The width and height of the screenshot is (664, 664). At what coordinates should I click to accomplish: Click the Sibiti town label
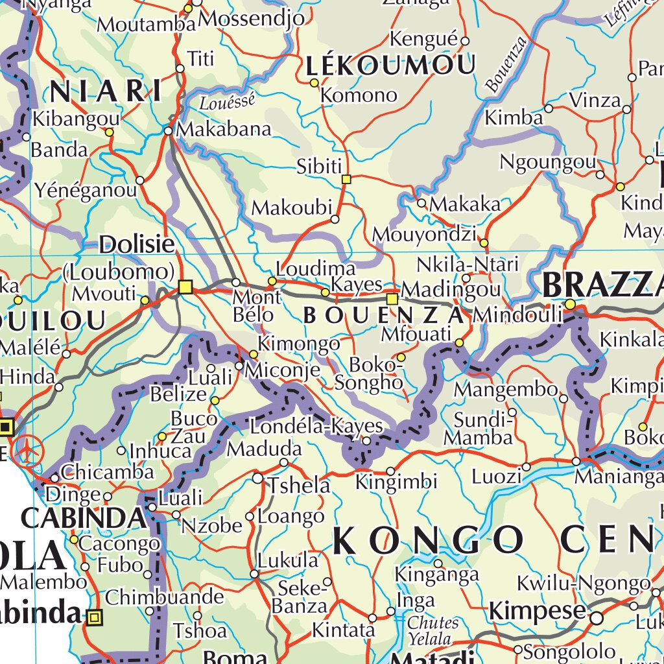pos(318,166)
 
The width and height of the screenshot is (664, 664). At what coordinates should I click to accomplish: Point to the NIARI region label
pos(106,91)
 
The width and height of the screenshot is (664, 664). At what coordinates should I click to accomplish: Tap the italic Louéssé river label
pos(227,101)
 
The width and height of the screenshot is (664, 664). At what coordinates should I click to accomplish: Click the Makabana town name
pos(224,129)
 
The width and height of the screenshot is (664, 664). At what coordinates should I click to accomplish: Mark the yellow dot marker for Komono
pos(314,83)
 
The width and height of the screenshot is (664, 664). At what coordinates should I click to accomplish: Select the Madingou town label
pos(451,289)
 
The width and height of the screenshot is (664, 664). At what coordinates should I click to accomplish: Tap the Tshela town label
pos(299,485)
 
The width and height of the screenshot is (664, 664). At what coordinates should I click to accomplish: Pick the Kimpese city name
pos(538,611)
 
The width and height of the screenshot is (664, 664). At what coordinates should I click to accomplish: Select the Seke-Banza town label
pos(300,597)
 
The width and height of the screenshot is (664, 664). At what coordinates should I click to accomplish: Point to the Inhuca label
pos(160,450)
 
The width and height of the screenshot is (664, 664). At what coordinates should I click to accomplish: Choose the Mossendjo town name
pos(252,19)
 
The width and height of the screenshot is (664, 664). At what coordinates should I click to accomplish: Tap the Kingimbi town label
pos(396,482)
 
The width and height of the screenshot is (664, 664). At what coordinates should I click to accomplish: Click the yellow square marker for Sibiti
pos(346,179)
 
